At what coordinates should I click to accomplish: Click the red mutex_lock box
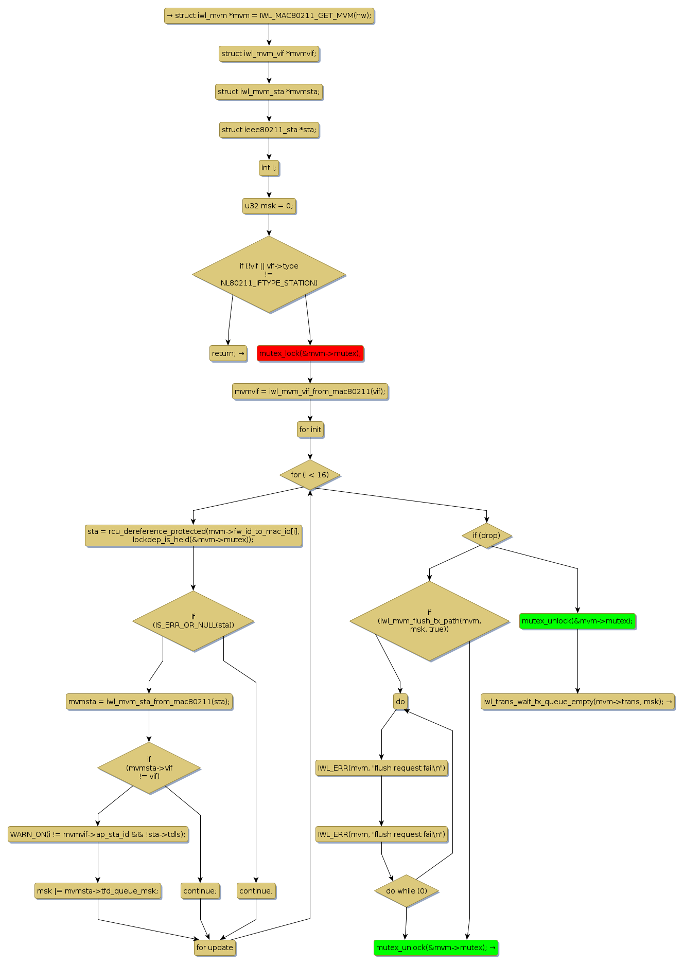(x=310, y=353)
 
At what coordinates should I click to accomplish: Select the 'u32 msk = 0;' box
(x=269, y=206)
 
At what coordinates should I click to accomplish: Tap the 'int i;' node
(x=269, y=168)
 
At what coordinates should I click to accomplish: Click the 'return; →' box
(x=228, y=353)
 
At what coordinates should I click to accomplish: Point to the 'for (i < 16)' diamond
(x=310, y=475)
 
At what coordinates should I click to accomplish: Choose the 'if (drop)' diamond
(x=486, y=535)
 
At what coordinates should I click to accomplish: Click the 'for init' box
(x=310, y=430)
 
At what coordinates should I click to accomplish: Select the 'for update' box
(x=215, y=948)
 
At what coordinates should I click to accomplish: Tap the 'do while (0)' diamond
(x=406, y=891)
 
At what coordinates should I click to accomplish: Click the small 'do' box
(x=400, y=702)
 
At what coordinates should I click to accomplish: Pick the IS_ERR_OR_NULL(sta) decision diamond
(x=193, y=621)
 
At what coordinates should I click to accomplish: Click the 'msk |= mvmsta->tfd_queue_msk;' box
(x=98, y=891)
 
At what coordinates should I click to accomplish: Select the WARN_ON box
(x=98, y=834)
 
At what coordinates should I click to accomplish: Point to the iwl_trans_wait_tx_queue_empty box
(x=577, y=702)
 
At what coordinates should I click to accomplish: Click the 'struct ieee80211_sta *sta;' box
(x=269, y=130)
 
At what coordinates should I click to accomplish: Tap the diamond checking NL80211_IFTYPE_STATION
(x=269, y=274)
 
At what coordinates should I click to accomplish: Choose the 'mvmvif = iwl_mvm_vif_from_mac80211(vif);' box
(x=310, y=391)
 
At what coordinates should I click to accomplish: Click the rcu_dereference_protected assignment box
(x=193, y=535)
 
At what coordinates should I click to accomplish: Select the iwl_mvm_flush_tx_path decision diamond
(x=429, y=621)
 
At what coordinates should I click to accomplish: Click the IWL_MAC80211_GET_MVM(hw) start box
(x=269, y=15)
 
